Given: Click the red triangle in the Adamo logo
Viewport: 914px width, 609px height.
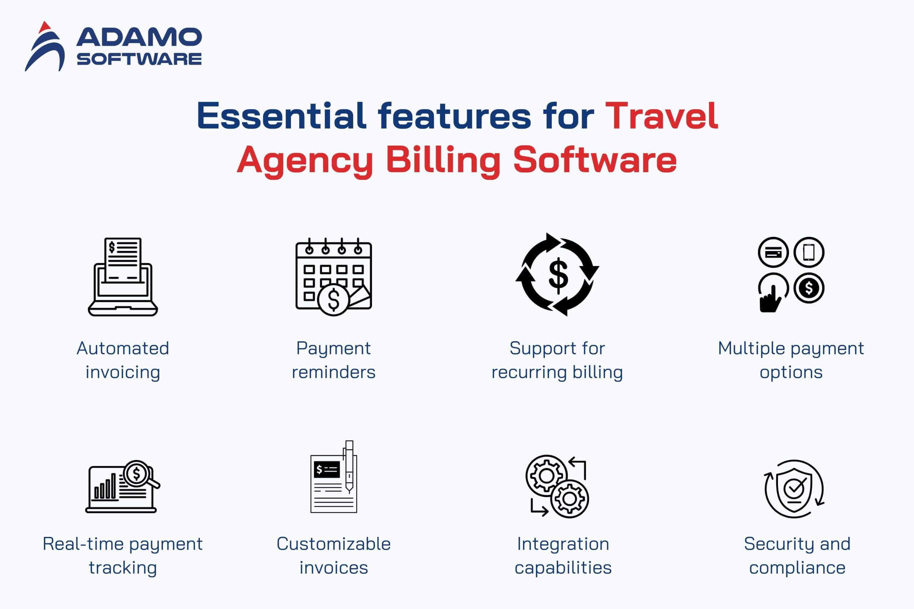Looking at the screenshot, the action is (45, 27).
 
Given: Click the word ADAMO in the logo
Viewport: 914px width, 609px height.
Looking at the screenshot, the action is (139, 37).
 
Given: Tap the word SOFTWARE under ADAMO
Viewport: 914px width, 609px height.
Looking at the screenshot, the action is (139, 59).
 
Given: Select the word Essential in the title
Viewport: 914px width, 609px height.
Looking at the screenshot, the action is (282, 115).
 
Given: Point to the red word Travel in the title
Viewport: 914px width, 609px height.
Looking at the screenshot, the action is (662, 115).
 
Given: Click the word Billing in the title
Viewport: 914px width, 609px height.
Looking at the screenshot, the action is (443, 160).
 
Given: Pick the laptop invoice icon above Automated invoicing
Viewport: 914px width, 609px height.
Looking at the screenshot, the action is (123, 277).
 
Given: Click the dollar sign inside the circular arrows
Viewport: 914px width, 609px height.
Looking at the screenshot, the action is (558, 275).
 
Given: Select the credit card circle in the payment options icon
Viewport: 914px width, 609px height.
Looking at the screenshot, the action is (773, 252).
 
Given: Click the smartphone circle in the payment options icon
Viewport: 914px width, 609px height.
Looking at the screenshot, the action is (809, 252).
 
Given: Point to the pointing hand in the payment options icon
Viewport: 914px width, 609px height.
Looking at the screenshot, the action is (770, 299).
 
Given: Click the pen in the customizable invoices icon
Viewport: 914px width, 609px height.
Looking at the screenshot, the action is (349, 467).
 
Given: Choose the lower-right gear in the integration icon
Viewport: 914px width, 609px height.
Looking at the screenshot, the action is (569, 498).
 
